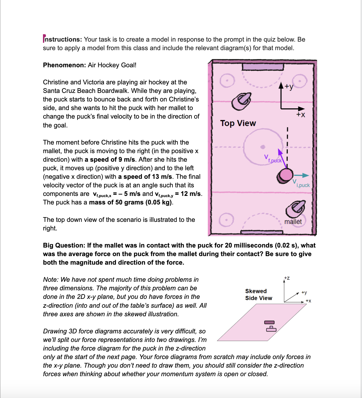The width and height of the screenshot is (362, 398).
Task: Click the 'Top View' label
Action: point(238,123)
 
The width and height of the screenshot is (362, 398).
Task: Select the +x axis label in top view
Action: point(300,114)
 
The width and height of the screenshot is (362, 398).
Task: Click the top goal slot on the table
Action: point(263,67)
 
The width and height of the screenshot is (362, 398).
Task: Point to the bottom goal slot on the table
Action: point(262,232)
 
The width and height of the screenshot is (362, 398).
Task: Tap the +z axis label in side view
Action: point(287,278)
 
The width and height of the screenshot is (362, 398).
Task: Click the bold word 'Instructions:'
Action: point(62,39)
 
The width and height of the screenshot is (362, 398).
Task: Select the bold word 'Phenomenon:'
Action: point(64,65)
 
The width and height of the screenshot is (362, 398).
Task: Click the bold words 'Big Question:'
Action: point(64,245)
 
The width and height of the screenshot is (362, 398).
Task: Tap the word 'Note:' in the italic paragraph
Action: point(51,279)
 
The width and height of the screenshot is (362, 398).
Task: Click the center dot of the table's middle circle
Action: point(263,147)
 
